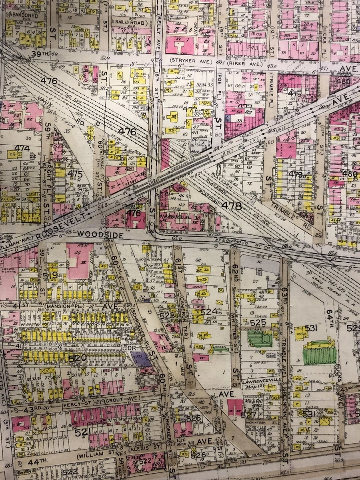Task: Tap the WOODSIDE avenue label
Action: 100,234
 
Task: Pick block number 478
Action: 233,206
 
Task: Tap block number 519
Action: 53,276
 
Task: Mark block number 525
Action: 258,322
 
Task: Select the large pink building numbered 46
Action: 79,260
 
